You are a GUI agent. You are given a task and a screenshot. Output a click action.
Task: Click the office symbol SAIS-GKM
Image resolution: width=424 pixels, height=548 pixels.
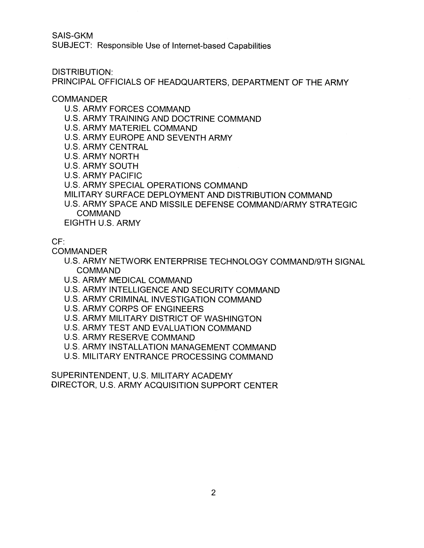tap(72, 36)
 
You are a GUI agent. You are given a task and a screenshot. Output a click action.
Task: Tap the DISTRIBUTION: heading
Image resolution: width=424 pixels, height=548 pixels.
tap(82, 72)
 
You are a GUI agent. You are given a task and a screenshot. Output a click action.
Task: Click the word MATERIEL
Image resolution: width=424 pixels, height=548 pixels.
tap(130, 128)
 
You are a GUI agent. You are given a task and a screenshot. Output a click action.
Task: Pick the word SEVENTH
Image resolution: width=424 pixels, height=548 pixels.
tap(186, 138)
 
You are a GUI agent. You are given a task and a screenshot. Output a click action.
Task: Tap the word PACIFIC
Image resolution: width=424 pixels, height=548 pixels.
tap(126, 175)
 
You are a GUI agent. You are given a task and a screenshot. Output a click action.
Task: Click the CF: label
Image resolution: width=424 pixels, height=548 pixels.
tap(58, 242)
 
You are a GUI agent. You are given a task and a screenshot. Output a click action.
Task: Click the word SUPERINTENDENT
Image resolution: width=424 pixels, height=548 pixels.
tap(90, 376)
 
